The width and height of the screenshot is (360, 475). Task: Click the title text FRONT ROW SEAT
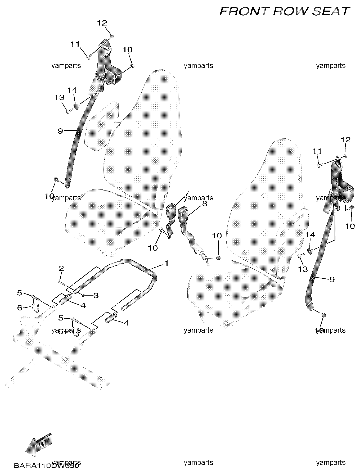[x=285, y=12]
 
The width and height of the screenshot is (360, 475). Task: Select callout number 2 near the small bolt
[x=61, y=269]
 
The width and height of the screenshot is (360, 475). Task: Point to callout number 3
[x=96, y=295]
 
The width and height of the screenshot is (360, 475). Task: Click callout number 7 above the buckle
[x=187, y=193]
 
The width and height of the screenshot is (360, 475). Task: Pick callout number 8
[x=204, y=203]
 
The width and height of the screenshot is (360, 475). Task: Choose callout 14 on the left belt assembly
[x=72, y=90]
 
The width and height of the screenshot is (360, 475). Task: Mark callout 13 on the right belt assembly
[x=303, y=269]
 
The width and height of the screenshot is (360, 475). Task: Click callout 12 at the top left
[x=102, y=23]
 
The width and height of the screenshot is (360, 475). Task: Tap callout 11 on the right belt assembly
[x=317, y=151]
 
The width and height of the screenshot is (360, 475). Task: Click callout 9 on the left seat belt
[x=60, y=131]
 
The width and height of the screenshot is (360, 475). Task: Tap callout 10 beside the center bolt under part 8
[x=217, y=236]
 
